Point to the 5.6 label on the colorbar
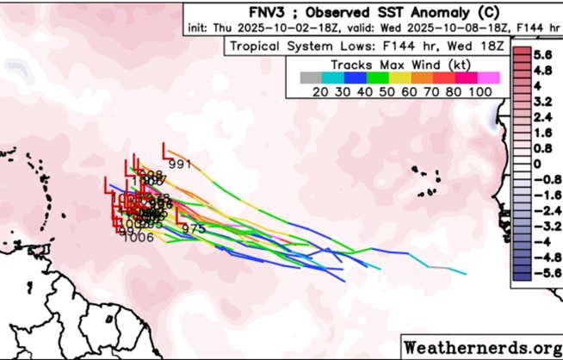coord(543,53)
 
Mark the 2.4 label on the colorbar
coord(543,116)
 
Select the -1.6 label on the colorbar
coord(543,196)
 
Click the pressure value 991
coord(180,164)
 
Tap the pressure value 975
coord(193,228)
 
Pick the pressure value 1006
coord(139,239)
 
